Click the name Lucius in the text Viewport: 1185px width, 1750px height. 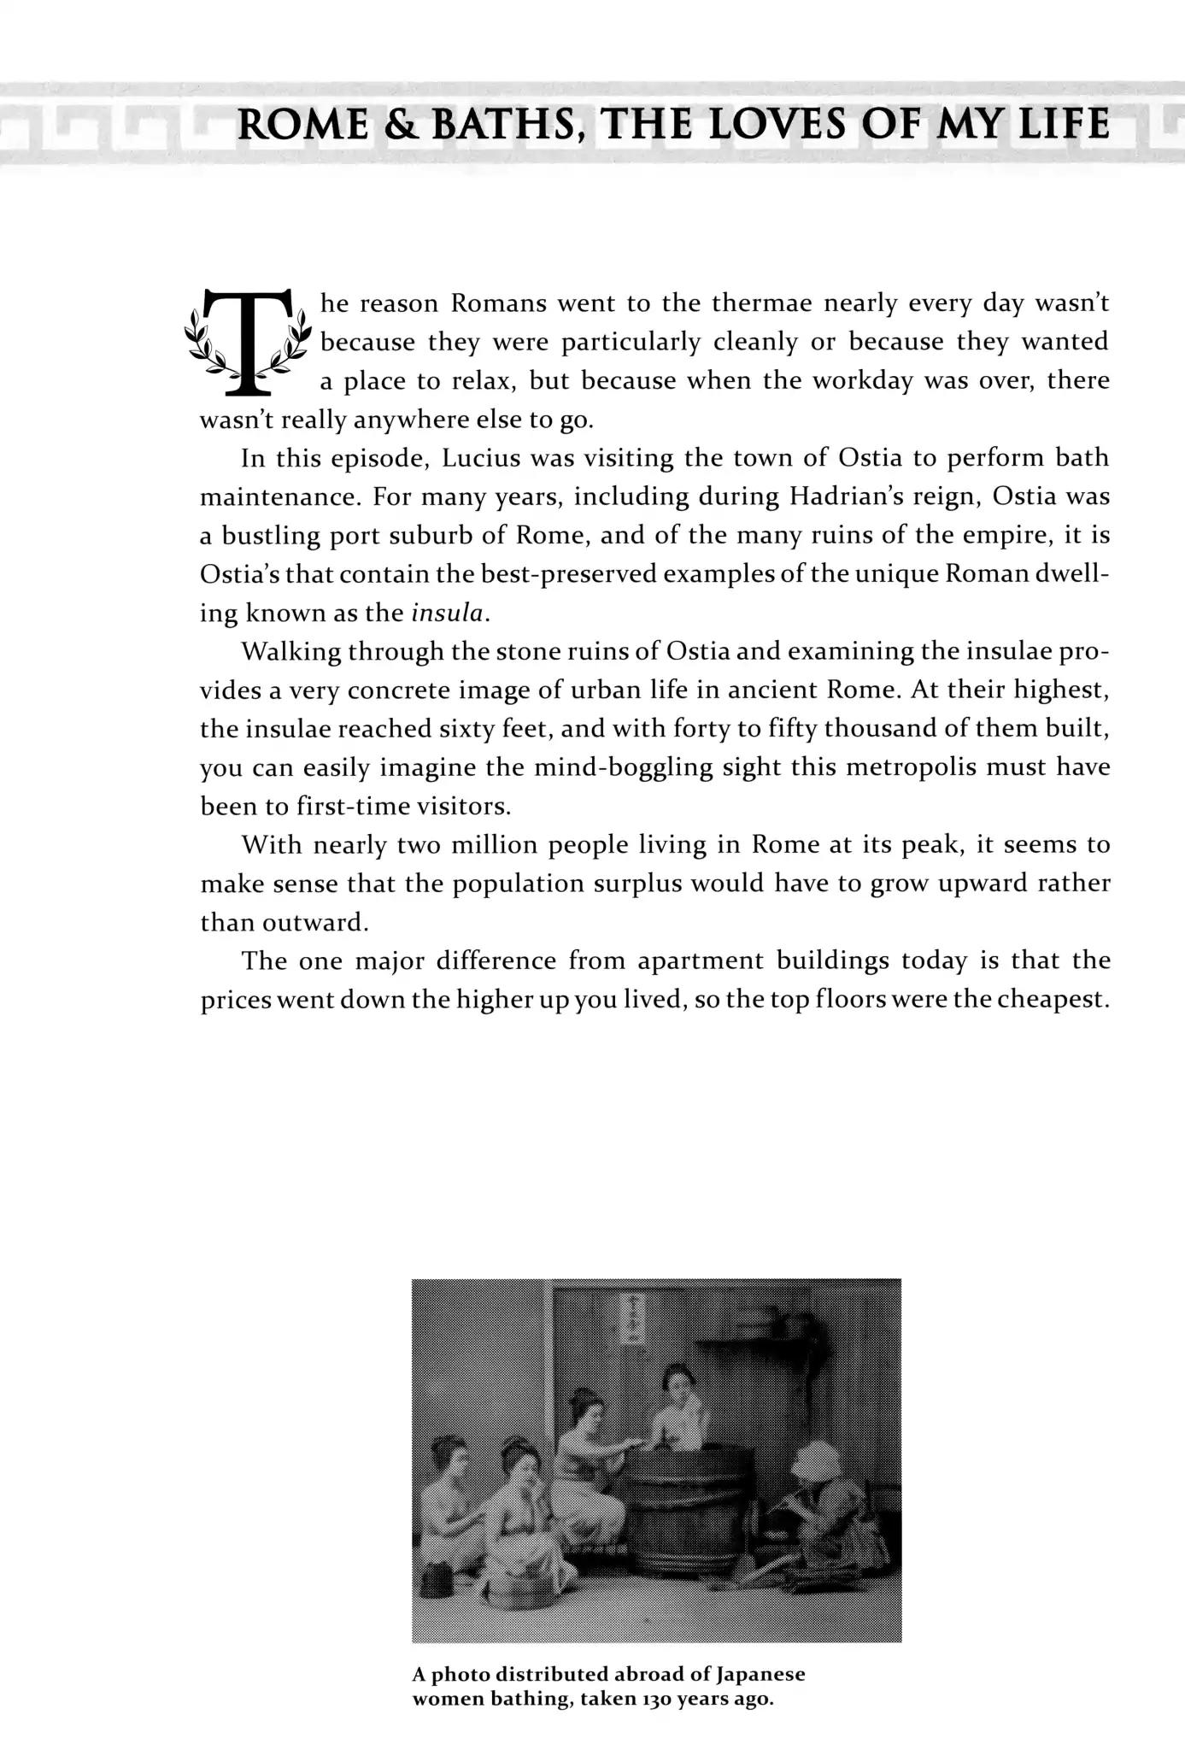point(477,458)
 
